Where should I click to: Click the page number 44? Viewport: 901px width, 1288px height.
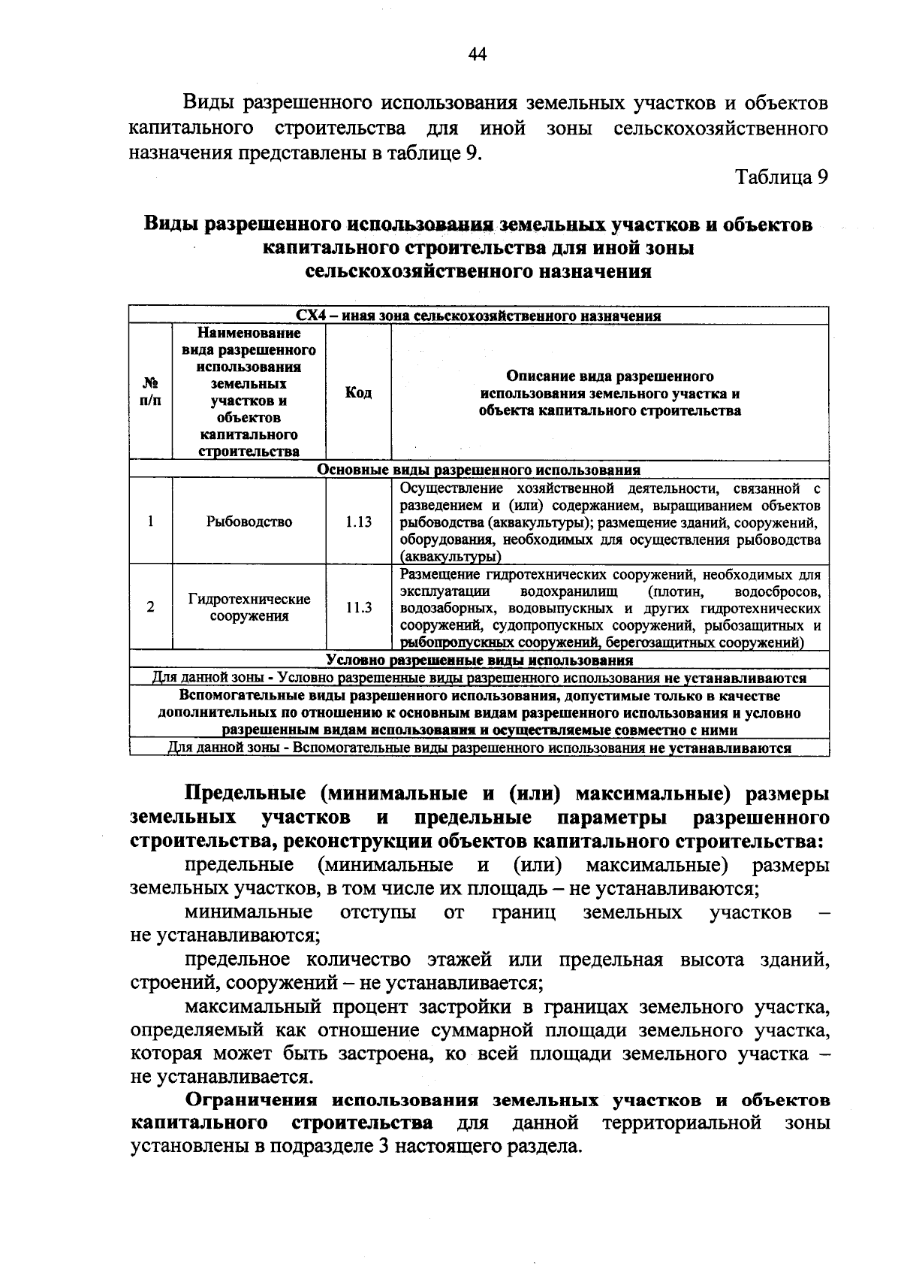coord(478,54)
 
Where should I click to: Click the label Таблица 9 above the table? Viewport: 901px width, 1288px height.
coord(781,177)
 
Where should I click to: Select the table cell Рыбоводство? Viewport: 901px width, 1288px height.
coord(249,522)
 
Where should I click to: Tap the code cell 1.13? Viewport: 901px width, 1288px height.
coord(358,522)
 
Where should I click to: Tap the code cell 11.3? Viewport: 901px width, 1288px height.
coord(358,608)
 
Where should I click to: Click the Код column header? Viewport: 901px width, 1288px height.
coord(358,393)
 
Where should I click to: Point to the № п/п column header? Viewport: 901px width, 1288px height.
coord(150,393)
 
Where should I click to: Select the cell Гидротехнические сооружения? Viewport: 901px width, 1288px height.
coord(249,608)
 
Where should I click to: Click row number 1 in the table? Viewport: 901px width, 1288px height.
coord(151,522)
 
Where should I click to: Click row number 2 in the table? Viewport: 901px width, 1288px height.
coord(151,608)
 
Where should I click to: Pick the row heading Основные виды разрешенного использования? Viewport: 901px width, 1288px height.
coord(478,470)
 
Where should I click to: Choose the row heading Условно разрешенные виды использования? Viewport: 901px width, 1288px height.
coord(478,661)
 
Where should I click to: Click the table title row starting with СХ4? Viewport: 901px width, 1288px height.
coord(478,316)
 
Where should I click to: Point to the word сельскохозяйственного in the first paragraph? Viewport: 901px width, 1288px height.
coord(721,128)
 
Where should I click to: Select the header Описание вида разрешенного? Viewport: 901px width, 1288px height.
coord(610,376)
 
